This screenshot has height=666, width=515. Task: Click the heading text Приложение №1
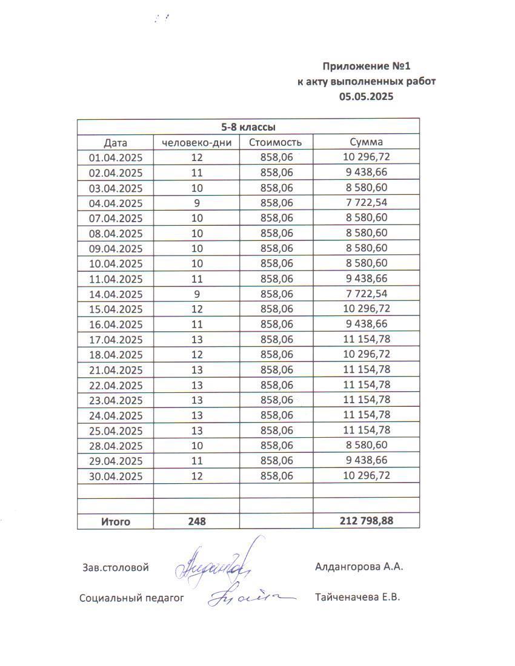tap(370, 66)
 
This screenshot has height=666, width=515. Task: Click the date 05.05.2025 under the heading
tap(366, 96)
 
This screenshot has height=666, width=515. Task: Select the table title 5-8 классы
tap(248, 127)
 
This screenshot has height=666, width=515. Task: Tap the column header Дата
tap(115, 143)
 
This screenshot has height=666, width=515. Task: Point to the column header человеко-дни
tap(197, 143)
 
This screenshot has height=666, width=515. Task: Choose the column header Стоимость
tap(276, 143)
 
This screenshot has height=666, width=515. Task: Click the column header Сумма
tap(366, 143)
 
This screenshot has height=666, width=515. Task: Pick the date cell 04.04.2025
tap(115, 203)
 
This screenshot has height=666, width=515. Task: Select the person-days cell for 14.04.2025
tap(197, 294)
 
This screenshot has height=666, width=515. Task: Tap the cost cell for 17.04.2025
tap(276, 340)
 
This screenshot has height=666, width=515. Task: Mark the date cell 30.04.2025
tap(115, 476)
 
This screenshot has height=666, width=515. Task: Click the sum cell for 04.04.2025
tap(366, 203)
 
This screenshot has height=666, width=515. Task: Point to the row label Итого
tap(115, 521)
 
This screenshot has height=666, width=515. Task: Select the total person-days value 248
tap(197, 521)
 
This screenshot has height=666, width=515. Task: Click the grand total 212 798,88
tap(365, 521)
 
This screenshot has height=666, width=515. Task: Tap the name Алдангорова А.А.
tap(359, 567)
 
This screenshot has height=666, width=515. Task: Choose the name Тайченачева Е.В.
tap(357, 598)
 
